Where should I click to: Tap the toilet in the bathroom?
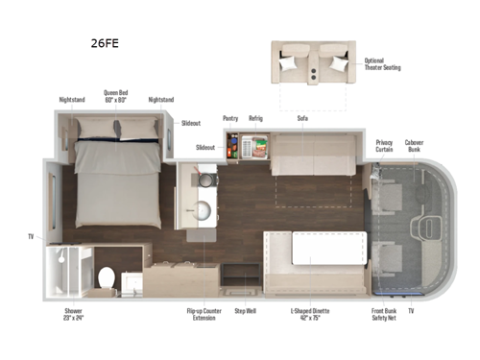pyautogui.click(x=107, y=277)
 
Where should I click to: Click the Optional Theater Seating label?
pyautogui.click(x=382, y=64)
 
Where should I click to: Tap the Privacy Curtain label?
pyautogui.click(x=383, y=145)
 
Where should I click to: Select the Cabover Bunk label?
pyautogui.click(x=415, y=145)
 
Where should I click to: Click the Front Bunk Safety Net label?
pyautogui.click(x=384, y=314)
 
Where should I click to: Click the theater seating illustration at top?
pyautogui.click(x=313, y=63)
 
